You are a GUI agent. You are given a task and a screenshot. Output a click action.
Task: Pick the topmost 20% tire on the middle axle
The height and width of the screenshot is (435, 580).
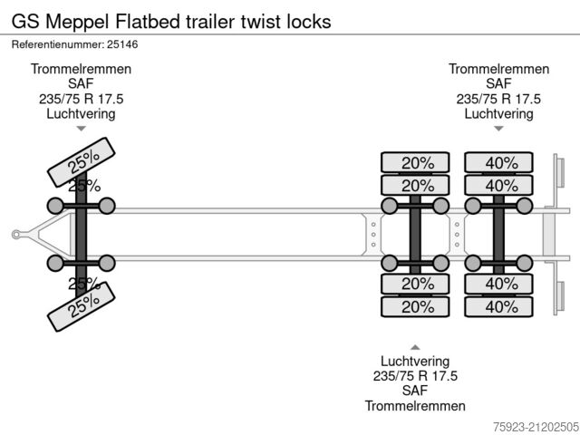pos(417,163)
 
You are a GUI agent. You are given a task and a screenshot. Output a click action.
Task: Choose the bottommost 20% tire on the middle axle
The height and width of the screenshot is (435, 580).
pos(417,306)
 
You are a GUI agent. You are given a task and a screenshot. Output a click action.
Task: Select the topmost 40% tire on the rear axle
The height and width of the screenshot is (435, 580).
pos(501,163)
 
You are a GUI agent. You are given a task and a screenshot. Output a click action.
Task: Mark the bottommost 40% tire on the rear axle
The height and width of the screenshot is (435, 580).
pos(501,306)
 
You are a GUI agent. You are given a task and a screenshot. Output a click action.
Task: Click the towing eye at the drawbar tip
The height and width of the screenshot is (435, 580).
pos(17,235)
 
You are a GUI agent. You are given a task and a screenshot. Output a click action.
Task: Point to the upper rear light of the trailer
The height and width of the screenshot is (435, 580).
pos(559,176)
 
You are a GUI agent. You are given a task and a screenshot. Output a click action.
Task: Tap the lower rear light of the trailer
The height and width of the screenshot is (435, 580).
pos(559,295)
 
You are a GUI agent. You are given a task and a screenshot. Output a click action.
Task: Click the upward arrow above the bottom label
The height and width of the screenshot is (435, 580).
pos(415,347)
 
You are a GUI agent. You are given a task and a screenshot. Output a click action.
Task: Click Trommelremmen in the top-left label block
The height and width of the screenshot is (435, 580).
pos(82,70)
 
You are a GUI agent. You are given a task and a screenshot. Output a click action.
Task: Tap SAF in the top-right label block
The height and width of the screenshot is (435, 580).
pos(498,84)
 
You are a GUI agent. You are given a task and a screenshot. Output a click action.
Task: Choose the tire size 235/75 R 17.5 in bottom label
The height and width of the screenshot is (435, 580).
pos(415,376)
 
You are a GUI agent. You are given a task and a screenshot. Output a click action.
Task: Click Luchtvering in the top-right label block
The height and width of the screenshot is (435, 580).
pos(498,113)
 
